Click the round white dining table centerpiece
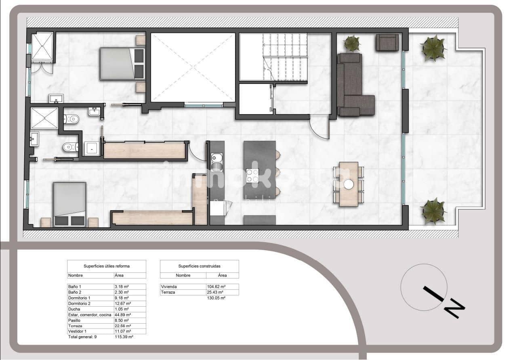349,184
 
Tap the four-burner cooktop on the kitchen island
252,176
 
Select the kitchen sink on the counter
217,161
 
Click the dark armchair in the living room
387,42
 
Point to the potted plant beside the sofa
352,43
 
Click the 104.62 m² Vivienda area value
214,287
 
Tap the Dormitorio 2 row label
79,303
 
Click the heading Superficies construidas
199,266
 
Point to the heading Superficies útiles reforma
107,266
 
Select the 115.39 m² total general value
124,337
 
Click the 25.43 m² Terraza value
213,292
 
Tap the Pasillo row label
74,320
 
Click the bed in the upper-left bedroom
122,64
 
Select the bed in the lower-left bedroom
69,204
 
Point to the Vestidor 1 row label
77,331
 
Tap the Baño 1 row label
75,287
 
